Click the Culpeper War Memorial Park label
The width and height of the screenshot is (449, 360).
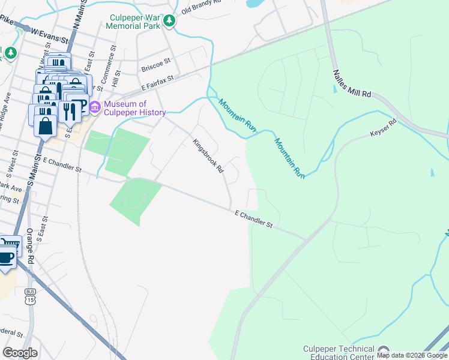(133, 22)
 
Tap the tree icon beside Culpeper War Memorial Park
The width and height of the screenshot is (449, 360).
(170, 22)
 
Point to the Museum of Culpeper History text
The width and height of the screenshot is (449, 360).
(134, 108)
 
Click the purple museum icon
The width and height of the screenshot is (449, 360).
(95, 108)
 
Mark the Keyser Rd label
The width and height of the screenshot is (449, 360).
(384, 127)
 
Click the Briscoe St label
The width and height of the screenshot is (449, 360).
(156, 68)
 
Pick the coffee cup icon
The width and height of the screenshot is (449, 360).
(6, 257)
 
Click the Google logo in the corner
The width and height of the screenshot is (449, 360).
(20, 352)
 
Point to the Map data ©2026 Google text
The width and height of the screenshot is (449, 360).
(412, 356)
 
